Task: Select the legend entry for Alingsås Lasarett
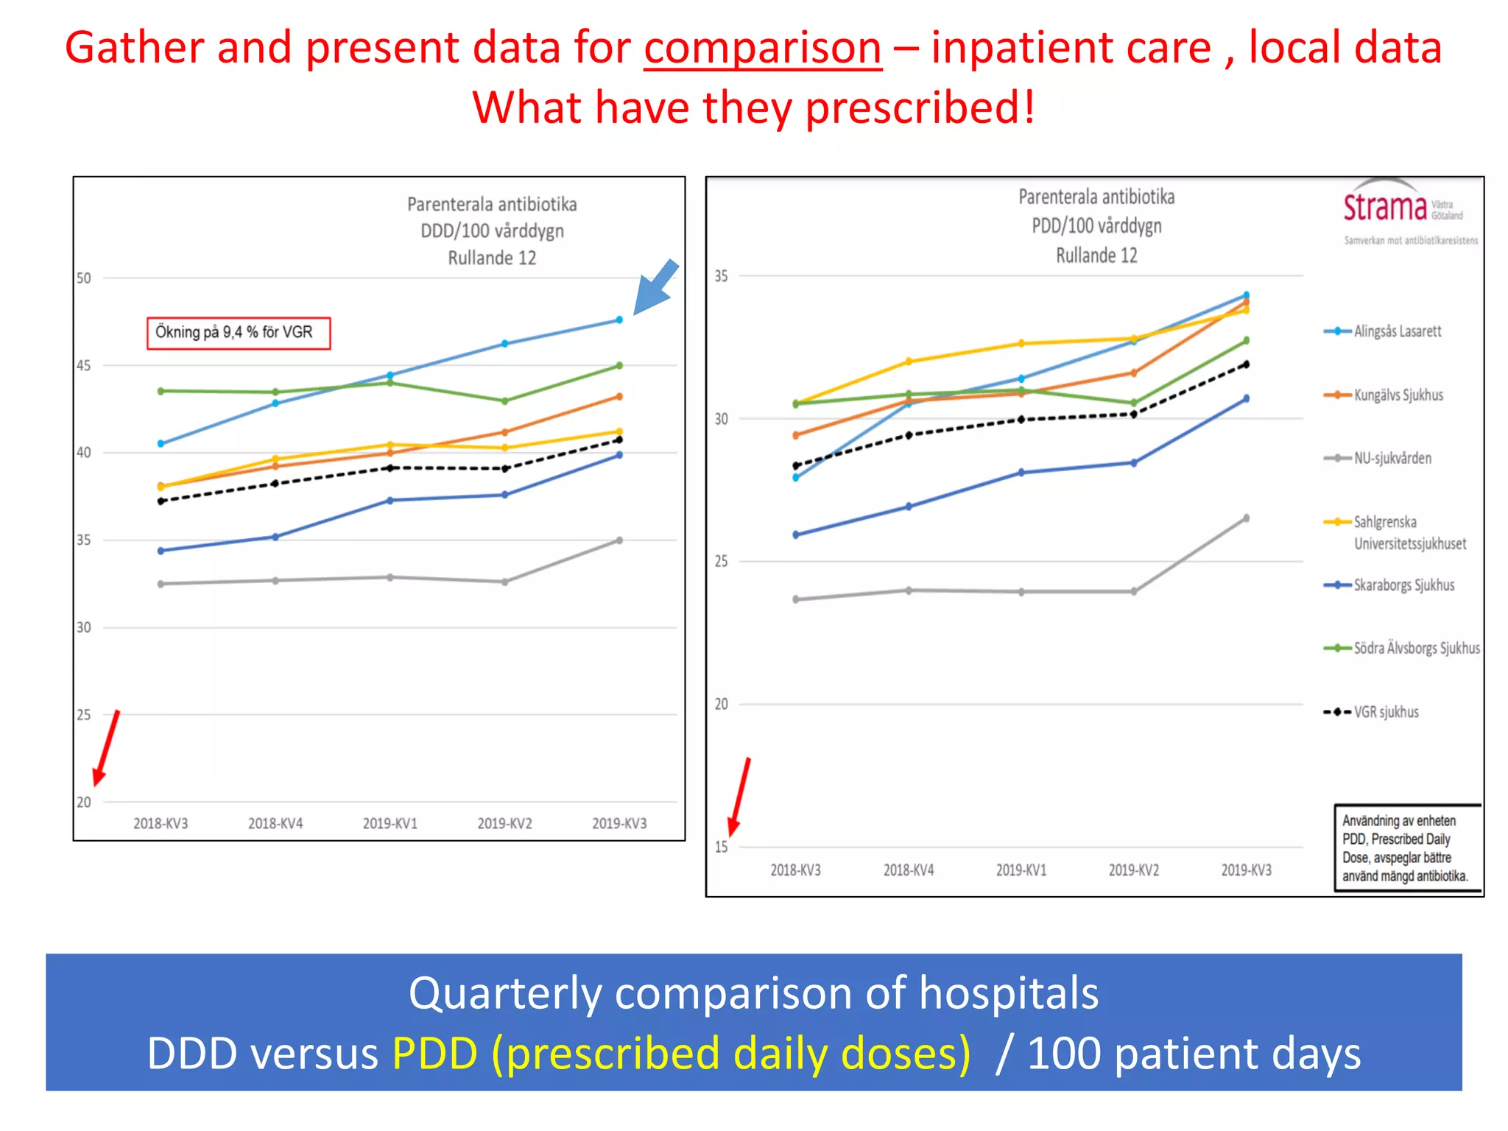coord(1397,331)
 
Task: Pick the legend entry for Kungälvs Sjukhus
coord(1398,395)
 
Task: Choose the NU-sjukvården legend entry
coord(1392,458)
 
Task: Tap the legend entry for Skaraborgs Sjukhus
coord(1403,585)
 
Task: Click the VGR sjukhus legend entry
coord(1385,712)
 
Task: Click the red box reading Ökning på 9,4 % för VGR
coord(239,333)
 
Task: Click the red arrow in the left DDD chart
coord(106,748)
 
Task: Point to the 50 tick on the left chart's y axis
coord(84,278)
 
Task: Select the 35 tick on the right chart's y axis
coord(721,276)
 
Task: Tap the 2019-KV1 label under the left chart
coord(390,823)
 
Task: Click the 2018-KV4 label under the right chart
coord(909,870)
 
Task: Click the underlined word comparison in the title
coord(763,49)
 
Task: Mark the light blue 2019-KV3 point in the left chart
coord(619,320)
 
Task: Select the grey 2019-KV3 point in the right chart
coord(1246,518)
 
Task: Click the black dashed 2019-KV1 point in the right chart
coord(1021,420)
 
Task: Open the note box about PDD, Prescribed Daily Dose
coord(1406,848)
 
